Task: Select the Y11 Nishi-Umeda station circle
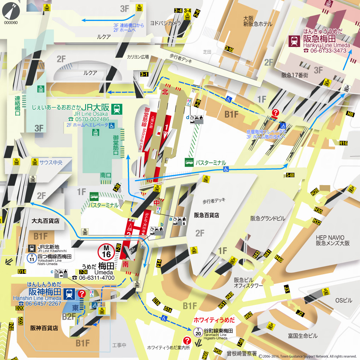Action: (x=32, y=258)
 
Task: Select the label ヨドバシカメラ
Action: (x=165, y=23)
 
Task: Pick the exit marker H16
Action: (x=343, y=143)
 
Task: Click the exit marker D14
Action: (x=22, y=271)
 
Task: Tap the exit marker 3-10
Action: (x=229, y=49)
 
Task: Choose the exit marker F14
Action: (x=159, y=263)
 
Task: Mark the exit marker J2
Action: (x=300, y=313)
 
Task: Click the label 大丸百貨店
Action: (x=45, y=221)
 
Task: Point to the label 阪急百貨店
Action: (x=207, y=215)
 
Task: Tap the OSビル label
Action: (x=343, y=301)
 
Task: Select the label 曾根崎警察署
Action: (x=242, y=353)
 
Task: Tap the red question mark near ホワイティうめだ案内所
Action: (x=188, y=341)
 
